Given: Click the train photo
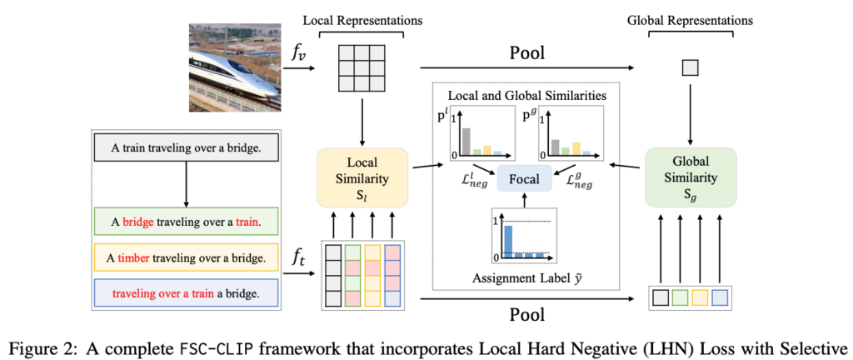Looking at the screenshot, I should (x=234, y=65).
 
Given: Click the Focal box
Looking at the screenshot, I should (x=524, y=179).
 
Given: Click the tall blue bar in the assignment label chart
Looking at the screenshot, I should (x=508, y=239).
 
